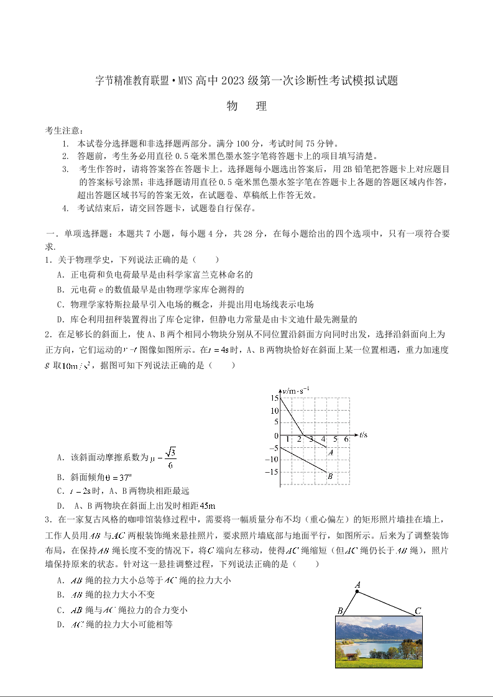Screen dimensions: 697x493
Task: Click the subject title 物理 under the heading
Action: [247, 106]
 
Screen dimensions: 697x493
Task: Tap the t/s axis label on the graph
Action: [364, 434]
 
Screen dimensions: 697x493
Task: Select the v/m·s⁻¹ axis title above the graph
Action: [296, 390]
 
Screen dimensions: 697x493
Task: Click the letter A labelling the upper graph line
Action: [331, 452]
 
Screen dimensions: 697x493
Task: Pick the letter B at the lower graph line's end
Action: [330, 476]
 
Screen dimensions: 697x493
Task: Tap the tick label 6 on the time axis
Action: [345, 440]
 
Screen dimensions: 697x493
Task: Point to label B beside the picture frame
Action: [340, 611]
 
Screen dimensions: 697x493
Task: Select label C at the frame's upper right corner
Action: [418, 611]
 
